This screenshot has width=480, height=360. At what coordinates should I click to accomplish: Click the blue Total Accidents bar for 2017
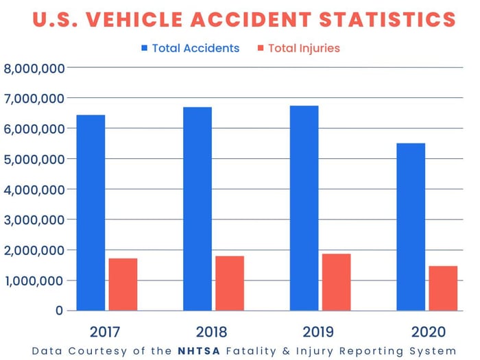pyautogui.click(x=91, y=213)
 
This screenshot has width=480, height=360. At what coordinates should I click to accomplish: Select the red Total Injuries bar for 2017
pyautogui.click(x=123, y=284)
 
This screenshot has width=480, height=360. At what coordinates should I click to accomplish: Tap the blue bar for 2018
pyautogui.click(x=197, y=208)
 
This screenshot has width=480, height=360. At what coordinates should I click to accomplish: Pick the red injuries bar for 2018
pyautogui.click(x=229, y=283)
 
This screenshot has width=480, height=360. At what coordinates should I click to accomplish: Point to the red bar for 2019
pyautogui.click(x=336, y=282)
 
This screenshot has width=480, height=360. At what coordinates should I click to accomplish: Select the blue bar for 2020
pyautogui.click(x=411, y=226)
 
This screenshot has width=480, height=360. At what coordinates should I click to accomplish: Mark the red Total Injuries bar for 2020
pyautogui.click(x=443, y=288)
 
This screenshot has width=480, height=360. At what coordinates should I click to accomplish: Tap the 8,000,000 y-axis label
pyautogui.click(x=34, y=68)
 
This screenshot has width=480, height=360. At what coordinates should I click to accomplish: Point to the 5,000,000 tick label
pyautogui.click(x=34, y=159)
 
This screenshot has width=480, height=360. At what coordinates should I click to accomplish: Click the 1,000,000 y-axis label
pyautogui.click(x=34, y=280)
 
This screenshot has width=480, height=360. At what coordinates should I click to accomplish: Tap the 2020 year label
pyautogui.click(x=428, y=333)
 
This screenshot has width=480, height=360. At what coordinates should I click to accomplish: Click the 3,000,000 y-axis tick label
pyautogui.click(x=34, y=220)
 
